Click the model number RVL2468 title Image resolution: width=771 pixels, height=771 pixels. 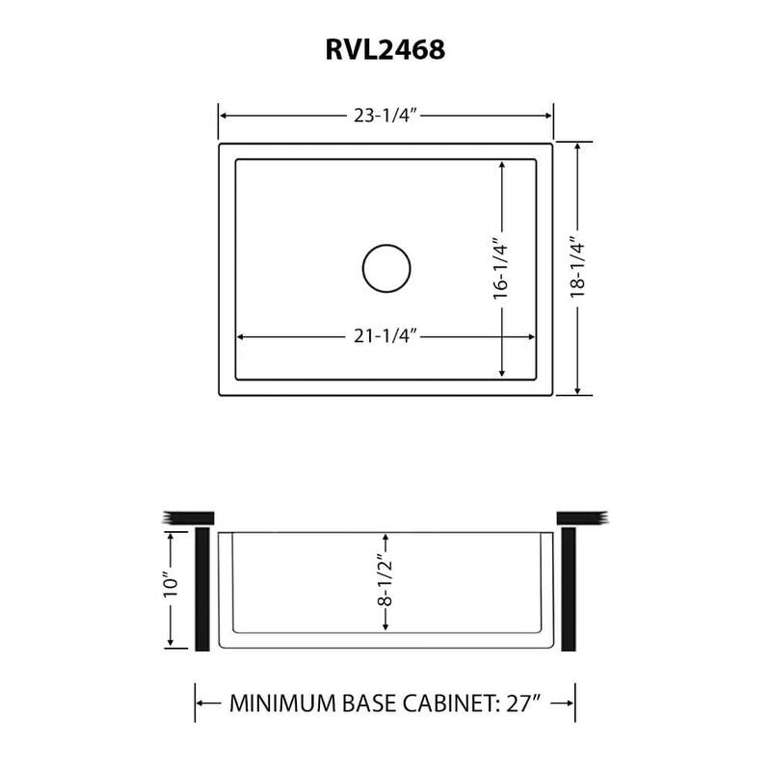click(x=385, y=49)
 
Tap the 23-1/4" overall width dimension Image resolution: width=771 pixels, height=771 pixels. click(x=385, y=115)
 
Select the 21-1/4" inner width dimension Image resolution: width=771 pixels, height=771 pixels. click(x=385, y=336)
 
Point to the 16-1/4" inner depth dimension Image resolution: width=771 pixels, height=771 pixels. click(x=501, y=268)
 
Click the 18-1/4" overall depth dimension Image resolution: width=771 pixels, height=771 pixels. click(x=577, y=268)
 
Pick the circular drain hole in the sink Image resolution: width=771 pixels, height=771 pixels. click(x=386, y=268)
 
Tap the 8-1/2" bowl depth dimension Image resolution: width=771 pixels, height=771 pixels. click(x=385, y=585)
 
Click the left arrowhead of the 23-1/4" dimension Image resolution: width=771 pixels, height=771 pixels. click(x=225, y=115)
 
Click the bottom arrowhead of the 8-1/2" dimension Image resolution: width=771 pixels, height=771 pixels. click(x=385, y=630)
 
